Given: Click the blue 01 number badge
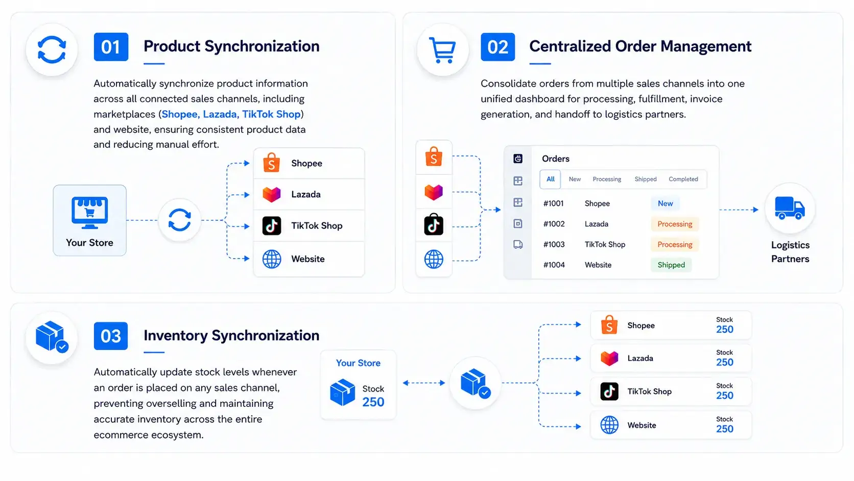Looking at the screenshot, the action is coord(111,47).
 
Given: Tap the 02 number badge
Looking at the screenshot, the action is coord(497,47).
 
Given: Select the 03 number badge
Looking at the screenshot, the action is coord(110,336).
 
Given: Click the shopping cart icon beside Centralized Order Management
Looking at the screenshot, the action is coord(442,50).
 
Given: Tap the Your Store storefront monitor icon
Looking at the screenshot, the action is coord(89,213).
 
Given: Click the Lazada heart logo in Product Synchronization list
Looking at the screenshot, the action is coord(271,195).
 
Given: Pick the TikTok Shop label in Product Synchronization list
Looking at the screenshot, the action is coord(317,226).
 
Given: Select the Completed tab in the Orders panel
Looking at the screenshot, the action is coord(683,179).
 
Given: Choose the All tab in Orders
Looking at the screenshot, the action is coord(550,179).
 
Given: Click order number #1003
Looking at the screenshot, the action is coord(554,244).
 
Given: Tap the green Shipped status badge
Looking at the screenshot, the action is coord(671,265).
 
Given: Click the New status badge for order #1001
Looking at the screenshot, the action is coord(666,203).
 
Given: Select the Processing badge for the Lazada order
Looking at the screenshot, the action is coord(675,224).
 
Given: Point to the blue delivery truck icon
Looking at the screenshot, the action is coord(790,208).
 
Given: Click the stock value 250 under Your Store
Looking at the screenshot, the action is coord(373,402).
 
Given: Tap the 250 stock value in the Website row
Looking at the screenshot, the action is coord(724,429).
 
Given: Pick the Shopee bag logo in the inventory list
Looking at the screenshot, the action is coord(609,325).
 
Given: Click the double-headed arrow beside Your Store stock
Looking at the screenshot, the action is coord(424,383).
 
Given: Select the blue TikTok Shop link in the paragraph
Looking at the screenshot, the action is coord(271,114).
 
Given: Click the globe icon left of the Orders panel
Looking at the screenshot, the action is coord(434,259).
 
